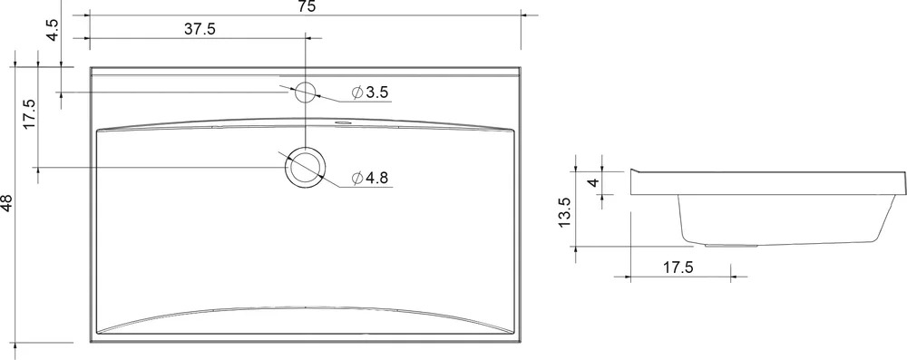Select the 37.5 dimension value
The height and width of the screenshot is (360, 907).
(200, 29)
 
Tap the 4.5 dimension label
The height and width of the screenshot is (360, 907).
(52, 30)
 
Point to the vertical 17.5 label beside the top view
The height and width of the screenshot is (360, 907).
(29, 114)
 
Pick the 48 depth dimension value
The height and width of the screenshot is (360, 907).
(6, 202)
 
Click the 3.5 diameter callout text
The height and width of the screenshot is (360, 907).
(376, 92)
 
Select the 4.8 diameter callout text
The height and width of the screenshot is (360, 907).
(376, 178)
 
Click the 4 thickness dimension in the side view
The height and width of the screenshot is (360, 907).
(591, 182)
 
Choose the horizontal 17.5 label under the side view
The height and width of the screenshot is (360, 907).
(678, 268)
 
